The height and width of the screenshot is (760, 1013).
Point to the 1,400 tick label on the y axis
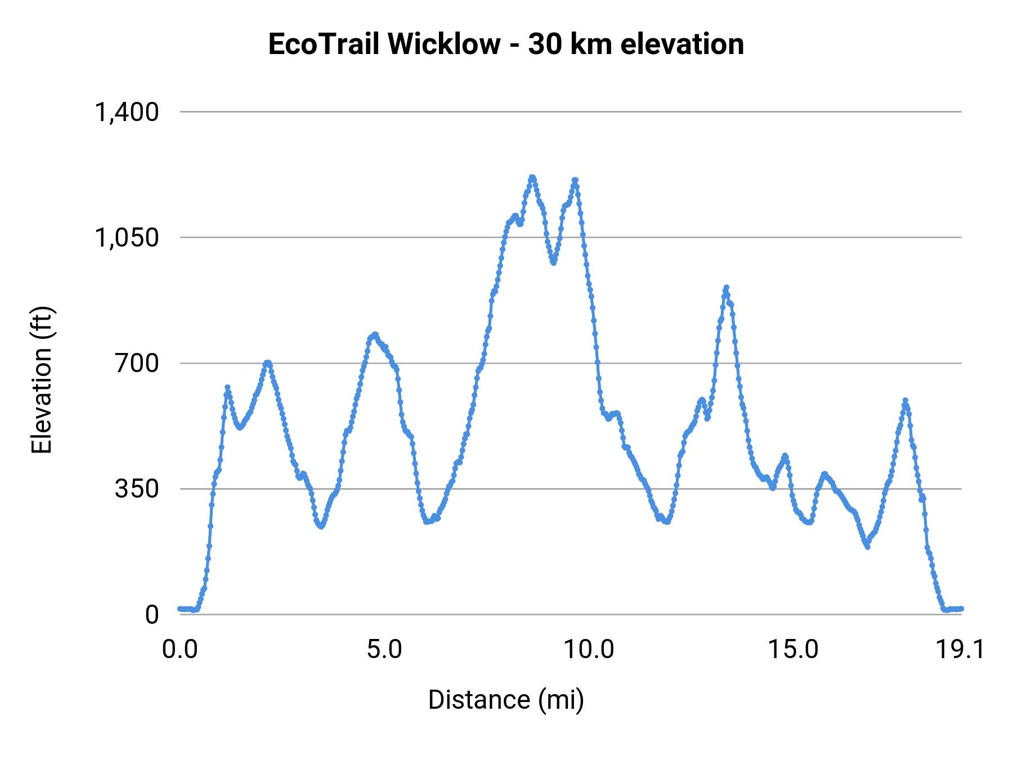pos(127,112)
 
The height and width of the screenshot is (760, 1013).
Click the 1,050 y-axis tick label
pos(127,238)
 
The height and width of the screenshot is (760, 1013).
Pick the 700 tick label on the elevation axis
pos(137,364)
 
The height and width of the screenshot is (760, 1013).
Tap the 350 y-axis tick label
pos(137,489)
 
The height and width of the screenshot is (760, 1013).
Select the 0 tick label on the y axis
pos(152,615)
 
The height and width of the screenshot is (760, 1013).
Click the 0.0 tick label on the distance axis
pos(180,650)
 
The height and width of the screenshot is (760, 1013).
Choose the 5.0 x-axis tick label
pos(384,650)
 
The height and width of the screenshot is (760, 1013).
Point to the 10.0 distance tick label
pos(589,650)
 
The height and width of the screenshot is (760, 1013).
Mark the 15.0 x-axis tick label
pos(794,650)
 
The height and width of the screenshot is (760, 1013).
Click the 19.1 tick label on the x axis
pos(960,650)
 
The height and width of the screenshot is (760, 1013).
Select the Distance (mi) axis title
pos(506,700)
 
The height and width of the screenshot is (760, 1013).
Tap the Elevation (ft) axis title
pos(42,380)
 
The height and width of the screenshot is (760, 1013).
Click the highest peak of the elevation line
pos(532,177)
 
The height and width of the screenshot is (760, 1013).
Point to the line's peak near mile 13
pos(726,287)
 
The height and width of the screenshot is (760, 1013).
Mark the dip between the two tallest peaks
pos(553,262)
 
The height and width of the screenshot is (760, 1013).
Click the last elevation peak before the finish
pos(905,400)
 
